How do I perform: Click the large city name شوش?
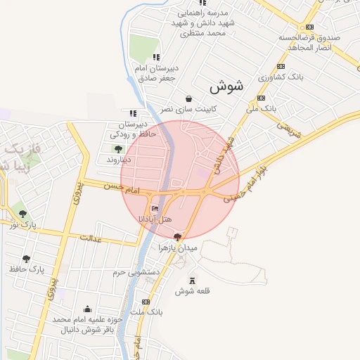[x=226, y=87]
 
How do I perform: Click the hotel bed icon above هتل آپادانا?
[x=155, y=209]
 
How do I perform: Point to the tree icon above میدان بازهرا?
[x=176, y=237]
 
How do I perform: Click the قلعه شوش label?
[x=190, y=290]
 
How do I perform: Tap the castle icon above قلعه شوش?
[x=191, y=280]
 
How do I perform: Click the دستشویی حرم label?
[x=138, y=271]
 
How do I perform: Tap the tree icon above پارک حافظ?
[x=27, y=258]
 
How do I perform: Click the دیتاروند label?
[x=120, y=160]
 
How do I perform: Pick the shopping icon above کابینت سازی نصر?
[x=188, y=98]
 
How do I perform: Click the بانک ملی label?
[x=275, y=109]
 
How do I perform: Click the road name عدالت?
[x=91, y=238]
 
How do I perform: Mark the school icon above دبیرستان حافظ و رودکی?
[x=132, y=112]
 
